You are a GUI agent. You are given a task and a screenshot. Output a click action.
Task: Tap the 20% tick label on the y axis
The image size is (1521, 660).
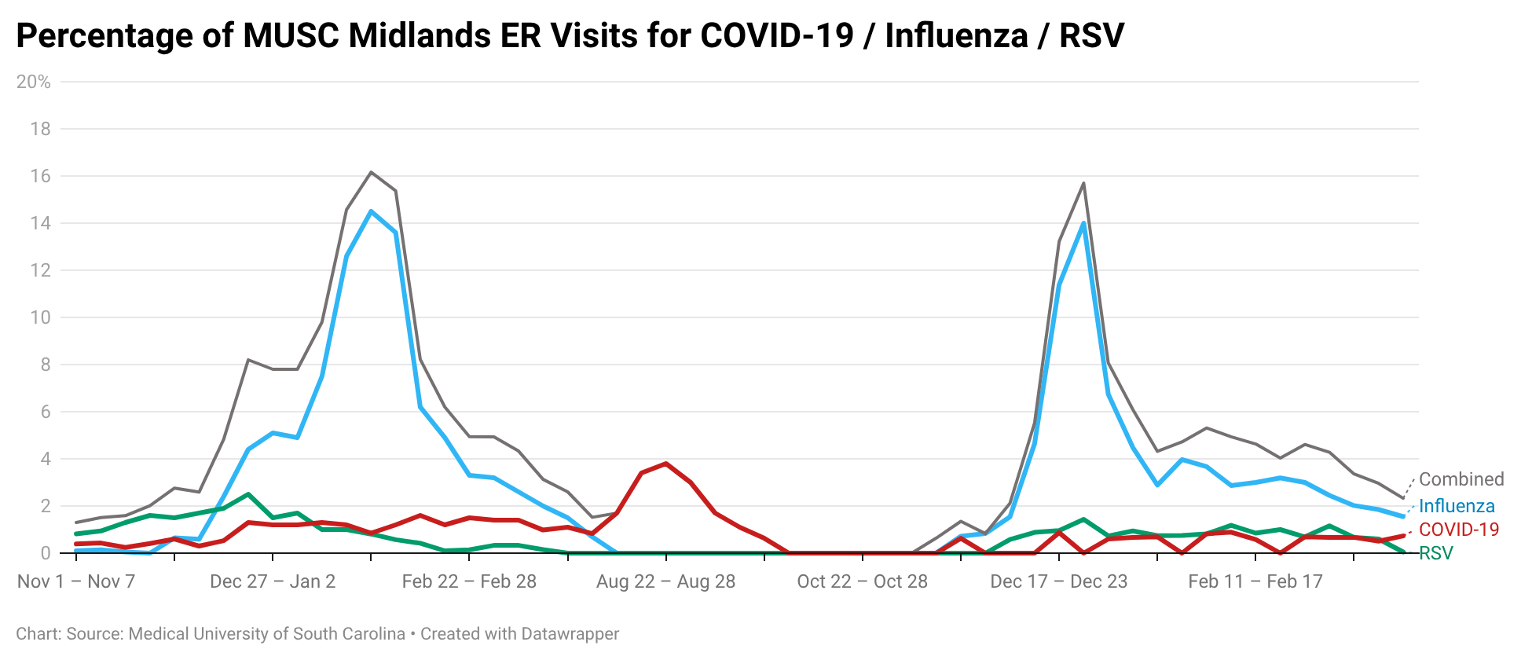point(34,82)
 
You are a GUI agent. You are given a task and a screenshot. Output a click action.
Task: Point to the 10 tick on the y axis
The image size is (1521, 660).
point(40,317)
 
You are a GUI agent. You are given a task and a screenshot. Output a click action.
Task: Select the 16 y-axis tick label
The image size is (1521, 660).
point(40,176)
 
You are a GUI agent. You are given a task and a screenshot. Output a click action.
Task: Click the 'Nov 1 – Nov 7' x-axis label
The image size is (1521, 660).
point(76,581)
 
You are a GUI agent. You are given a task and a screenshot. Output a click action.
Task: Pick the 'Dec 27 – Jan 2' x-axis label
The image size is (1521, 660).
point(273,581)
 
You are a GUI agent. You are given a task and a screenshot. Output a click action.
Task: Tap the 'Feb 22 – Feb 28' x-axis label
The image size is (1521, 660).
point(469,581)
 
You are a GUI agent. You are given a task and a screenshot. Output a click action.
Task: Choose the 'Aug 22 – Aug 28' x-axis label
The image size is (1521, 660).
point(665,581)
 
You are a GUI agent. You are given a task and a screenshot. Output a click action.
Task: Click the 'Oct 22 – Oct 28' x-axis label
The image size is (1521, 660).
point(862,581)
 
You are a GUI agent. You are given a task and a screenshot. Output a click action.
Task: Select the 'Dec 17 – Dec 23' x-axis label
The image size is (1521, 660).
point(1058,581)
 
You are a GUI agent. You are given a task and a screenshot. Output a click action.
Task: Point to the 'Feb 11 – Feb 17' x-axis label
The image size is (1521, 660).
point(1255,581)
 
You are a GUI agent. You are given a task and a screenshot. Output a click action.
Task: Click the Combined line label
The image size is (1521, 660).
point(1461,479)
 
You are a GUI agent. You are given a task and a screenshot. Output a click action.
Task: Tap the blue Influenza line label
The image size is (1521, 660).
point(1457,506)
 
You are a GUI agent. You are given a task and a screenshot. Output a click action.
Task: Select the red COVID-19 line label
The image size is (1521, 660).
point(1459,530)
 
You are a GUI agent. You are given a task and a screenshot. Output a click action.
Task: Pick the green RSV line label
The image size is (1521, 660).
point(1436,553)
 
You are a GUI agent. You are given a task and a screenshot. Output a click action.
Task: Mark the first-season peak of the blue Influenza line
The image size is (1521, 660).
point(371,211)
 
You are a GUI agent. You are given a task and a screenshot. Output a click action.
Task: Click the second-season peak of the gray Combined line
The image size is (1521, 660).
point(1083,183)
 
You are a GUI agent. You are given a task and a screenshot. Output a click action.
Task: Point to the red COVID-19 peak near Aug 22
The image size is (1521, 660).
point(666,464)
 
